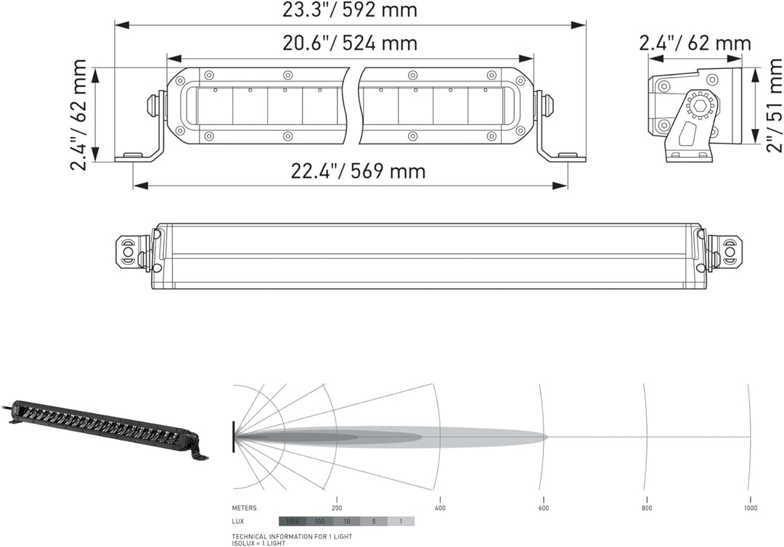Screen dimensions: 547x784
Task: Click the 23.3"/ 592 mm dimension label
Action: (350, 10)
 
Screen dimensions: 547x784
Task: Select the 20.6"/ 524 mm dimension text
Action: (350, 44)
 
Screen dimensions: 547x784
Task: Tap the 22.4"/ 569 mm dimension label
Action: (358, 171)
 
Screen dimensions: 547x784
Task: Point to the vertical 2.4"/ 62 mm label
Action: (79, 115)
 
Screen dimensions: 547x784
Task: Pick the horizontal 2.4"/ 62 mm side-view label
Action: (695, 44)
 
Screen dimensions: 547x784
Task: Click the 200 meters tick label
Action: (336, 508)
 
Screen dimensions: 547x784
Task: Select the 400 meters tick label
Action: (439, 508)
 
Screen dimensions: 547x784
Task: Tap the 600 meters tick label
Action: (542, 508)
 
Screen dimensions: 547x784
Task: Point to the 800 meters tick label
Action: (646, 508)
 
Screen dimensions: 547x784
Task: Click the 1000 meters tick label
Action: (750, 508)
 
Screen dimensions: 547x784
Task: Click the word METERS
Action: (244, 508)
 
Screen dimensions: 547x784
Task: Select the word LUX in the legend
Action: (239, 522)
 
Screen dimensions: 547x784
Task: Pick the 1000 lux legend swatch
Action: (292, 522)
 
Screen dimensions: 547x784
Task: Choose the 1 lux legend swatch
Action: (401, 522)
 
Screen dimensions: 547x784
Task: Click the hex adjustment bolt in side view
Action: (701, 105)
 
